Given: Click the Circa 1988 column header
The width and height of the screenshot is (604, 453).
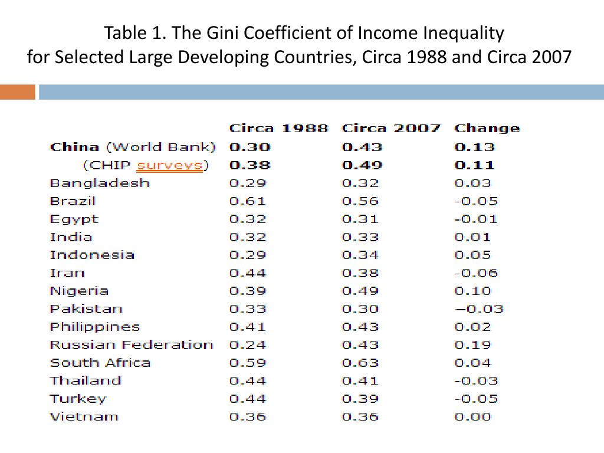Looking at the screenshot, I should point(278,129).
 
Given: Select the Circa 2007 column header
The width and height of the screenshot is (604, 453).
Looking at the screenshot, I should point(391,129).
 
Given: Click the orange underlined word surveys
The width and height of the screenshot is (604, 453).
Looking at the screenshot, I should point(170,165).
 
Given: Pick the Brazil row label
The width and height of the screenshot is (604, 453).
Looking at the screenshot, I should point(73,201).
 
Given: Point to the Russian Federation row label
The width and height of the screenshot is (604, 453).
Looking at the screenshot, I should point(131,345).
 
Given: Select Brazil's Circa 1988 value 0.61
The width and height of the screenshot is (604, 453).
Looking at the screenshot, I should point(248,201).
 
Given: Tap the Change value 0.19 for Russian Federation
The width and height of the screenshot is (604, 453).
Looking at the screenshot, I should point(472,345).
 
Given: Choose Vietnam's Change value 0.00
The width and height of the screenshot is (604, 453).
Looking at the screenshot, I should point(472,416).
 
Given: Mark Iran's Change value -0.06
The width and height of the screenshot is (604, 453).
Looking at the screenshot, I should point(476,273).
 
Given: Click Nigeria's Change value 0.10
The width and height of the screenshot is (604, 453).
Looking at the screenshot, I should point(472,291).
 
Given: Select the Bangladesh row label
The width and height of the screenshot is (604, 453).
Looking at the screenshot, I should point(100,183).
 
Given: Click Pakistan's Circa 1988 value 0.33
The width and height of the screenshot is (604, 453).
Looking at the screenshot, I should point(248,309).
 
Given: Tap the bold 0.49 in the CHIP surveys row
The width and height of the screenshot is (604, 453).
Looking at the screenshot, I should point(362,165).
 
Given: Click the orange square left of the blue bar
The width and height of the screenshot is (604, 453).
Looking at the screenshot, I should point(17,93).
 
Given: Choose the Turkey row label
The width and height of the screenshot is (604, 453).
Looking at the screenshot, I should point(78,399).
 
